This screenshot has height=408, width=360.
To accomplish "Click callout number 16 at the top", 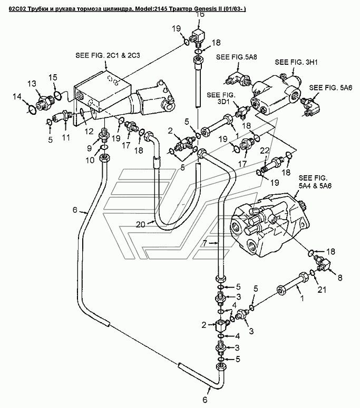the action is click(x=200, y=15).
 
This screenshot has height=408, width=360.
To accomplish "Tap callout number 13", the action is click(x=32, y=84).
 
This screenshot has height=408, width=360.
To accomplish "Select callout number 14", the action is click(x=17, y=97).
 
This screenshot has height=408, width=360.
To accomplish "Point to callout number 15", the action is click(x=53, y=77).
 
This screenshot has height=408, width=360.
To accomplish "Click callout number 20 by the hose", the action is click(x=140, y=224).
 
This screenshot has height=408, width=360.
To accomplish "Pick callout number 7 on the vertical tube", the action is click(x=205, y=243).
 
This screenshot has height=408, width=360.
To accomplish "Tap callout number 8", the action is click(x=340, y=277).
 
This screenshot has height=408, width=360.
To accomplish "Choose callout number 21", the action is click(x=322, y=290).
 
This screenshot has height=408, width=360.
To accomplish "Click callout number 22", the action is click(x=265, y=151).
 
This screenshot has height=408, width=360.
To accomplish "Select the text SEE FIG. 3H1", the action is click(x=296, y=62).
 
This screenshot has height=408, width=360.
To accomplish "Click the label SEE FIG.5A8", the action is click(x=236, y=57).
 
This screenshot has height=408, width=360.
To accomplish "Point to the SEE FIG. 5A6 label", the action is click(x=330, y=88).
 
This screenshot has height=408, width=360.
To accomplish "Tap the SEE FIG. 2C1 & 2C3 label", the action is click(x=108, y=55).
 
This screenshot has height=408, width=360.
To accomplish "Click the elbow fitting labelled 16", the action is click(x=199, y=36).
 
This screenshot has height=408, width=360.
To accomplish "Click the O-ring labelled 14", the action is click(x=32, y=110).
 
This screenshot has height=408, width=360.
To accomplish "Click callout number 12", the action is click(x=89, y=132).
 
